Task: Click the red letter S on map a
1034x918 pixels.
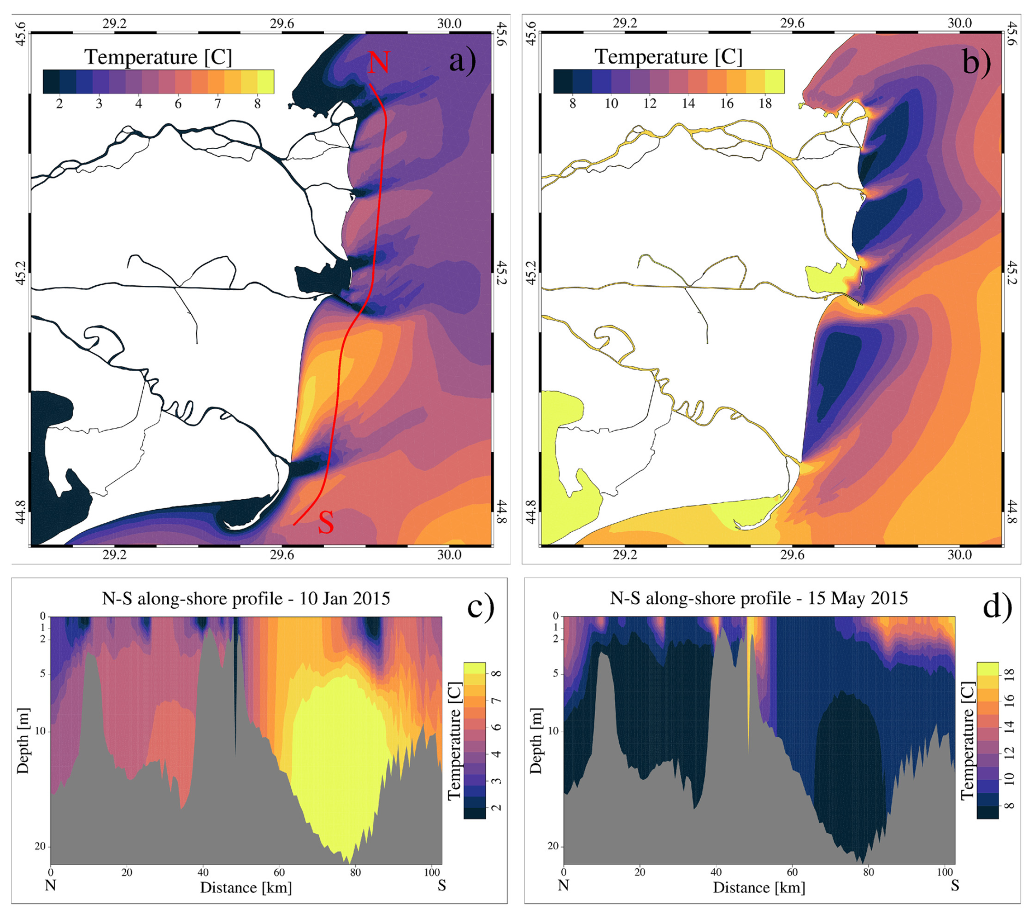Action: click(326, 523)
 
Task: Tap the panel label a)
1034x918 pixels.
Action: click(462, 60)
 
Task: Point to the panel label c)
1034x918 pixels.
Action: click(480, 607)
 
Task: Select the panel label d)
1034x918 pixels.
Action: click(997, 607)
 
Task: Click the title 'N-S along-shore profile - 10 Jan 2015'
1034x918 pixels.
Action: click(246, 598)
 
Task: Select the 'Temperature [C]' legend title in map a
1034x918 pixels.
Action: click(158, 57)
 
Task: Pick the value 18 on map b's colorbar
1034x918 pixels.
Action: click(765, 103)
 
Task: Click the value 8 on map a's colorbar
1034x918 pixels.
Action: click(257, 103)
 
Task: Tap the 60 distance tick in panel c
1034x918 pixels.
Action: click(279, 872)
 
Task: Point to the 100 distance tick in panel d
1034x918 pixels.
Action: click(944, 872)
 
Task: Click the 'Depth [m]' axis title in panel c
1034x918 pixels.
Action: click(22, 740)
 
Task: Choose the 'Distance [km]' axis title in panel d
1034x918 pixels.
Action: click(759, 887)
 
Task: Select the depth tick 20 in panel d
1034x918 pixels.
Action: click(553, 846)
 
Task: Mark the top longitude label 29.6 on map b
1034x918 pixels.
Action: click(792, 23)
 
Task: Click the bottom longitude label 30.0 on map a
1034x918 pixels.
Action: click(449, 555)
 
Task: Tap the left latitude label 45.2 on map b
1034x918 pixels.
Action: click(530, 273)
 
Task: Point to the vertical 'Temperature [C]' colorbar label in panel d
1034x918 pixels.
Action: click(967, 740)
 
